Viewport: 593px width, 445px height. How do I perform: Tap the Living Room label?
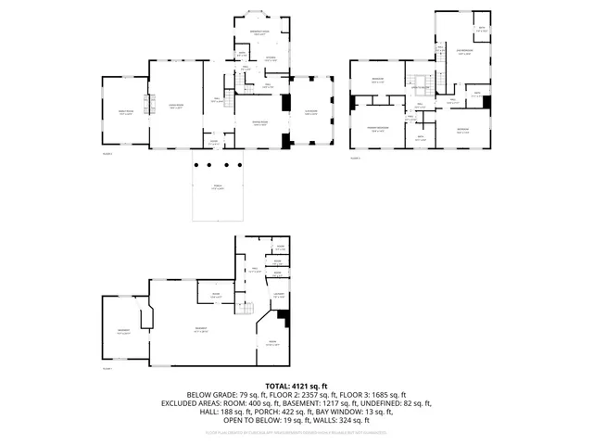coord(175,107)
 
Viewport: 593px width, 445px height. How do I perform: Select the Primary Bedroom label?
coord(376,130)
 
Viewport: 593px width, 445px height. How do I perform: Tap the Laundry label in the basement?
coord(278,297)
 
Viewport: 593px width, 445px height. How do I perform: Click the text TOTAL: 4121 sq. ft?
coord(296,385)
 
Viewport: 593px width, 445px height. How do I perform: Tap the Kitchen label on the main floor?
coord(271,60)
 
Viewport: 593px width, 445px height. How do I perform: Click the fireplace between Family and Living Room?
coord(145,104)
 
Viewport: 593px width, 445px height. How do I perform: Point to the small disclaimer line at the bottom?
coord(296,432)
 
